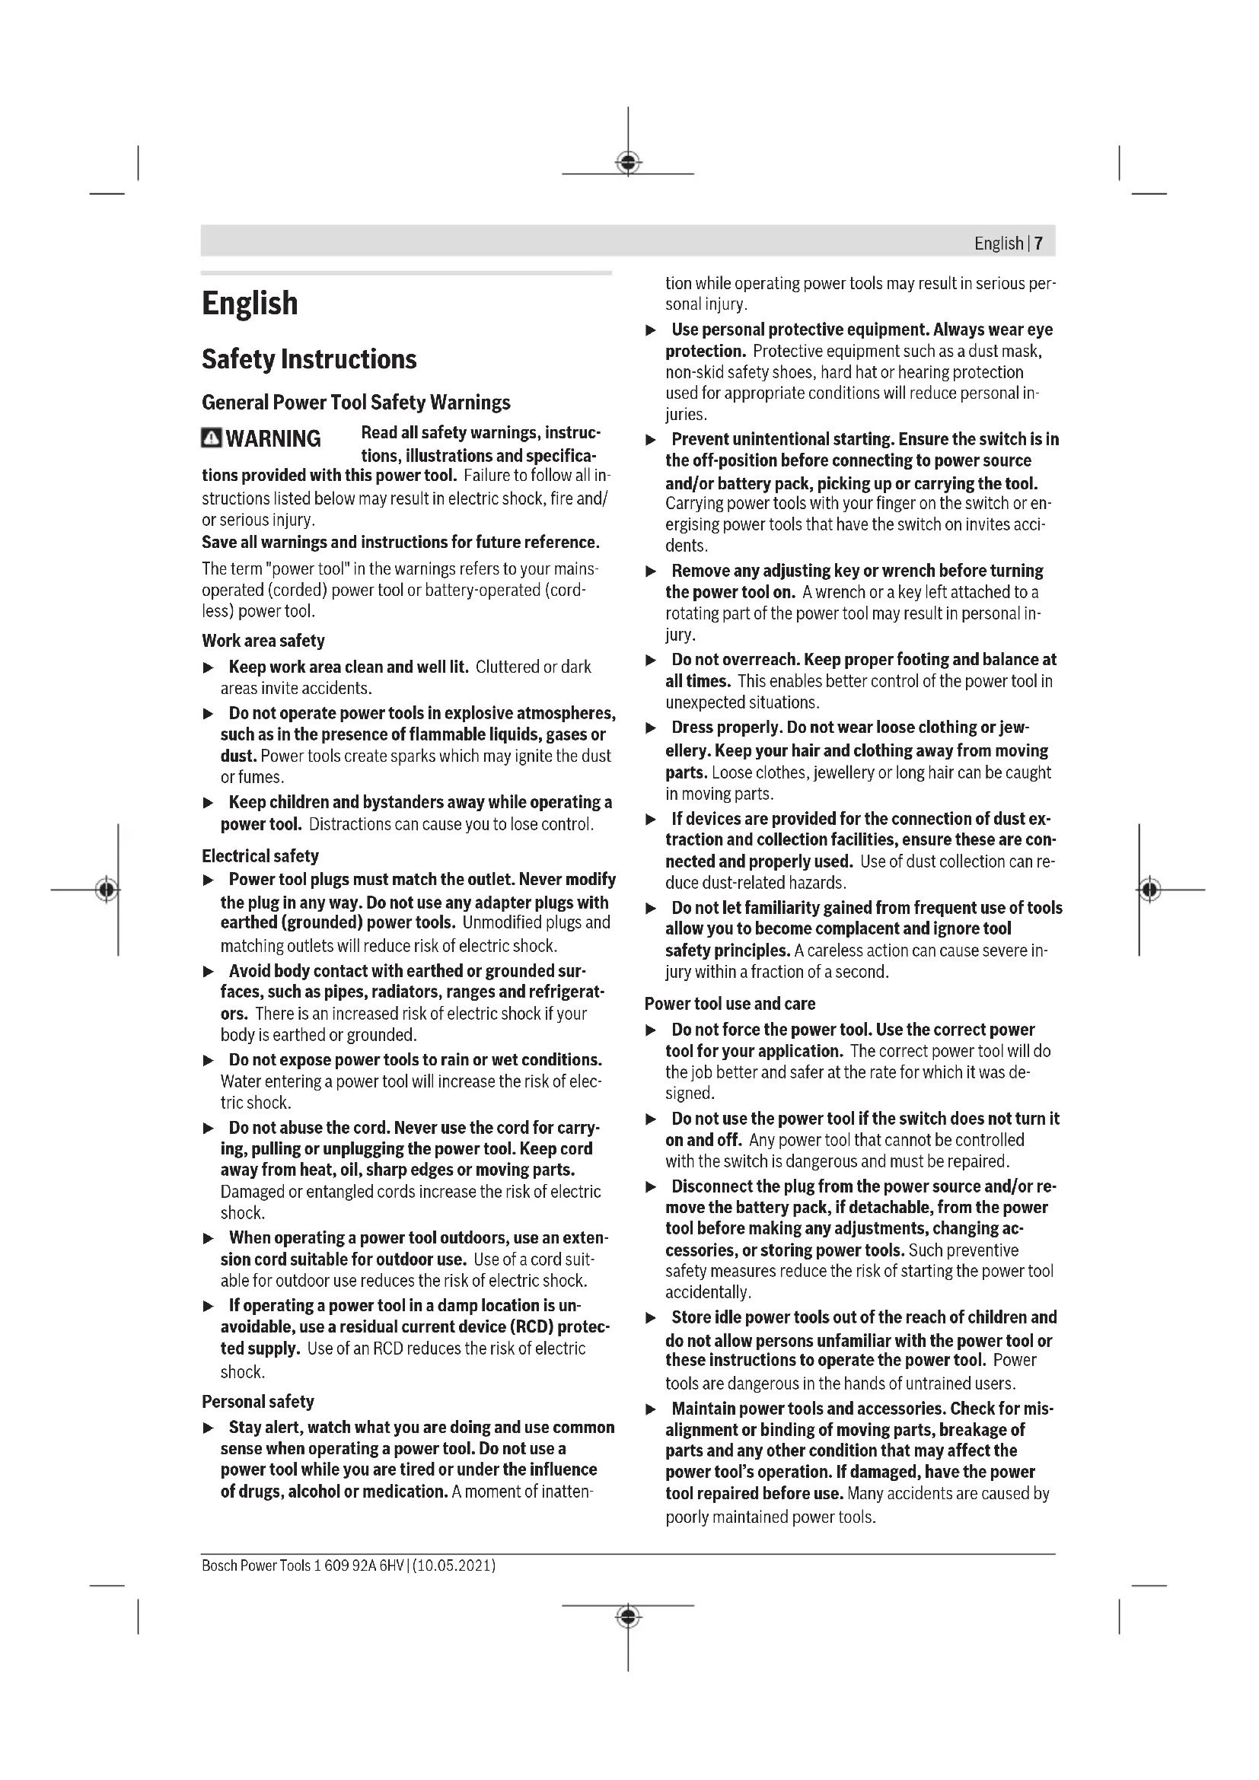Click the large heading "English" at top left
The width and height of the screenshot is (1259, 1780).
tap(250, 303)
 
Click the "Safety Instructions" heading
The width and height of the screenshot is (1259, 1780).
tap(308, 359)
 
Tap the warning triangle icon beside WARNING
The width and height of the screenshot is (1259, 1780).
tap(211, 438)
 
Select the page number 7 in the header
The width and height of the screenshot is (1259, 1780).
tap(1038, 244)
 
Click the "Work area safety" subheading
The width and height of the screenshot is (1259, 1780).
tap(263, 640)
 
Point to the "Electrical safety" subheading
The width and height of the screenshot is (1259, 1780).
tap(260, 856)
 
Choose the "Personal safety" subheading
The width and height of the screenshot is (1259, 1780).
tap(257, 1401)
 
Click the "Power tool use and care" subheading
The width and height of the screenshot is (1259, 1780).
tap(729, 1003)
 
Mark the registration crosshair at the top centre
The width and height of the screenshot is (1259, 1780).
tap(628, 163)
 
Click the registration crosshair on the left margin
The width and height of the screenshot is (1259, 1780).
tap(107, 889)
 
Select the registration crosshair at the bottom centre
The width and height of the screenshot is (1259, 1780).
tap(628, 1616)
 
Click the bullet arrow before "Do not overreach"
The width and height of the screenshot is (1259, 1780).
tap(652, 661)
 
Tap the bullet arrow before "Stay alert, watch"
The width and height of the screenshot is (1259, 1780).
tap(208, 1428)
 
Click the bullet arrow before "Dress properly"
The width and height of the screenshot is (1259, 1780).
tap(652, 728)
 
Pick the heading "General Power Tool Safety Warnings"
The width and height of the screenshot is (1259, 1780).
tap(355, 403)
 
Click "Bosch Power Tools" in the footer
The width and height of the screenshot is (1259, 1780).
tap(256, 1565)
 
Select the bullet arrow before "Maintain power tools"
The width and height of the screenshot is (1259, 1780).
tap(652, 1409)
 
